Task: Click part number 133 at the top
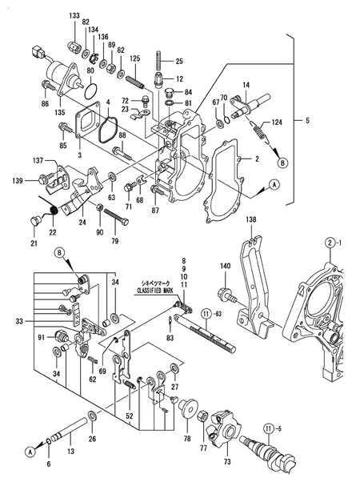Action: point(74,15)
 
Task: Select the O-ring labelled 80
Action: point(90,90)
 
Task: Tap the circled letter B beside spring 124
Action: point(283,163)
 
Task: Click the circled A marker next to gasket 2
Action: point(274,185)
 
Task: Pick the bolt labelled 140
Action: point(229,295)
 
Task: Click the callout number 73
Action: point(227,461)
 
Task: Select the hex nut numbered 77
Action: point(202,415)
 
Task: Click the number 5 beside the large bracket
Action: point(307,120)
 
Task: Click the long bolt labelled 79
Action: point(116,218)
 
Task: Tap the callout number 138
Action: point(251,219)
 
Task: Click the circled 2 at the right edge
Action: point(330,243)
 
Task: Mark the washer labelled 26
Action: point(92,416)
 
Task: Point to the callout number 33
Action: point(19,321)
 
